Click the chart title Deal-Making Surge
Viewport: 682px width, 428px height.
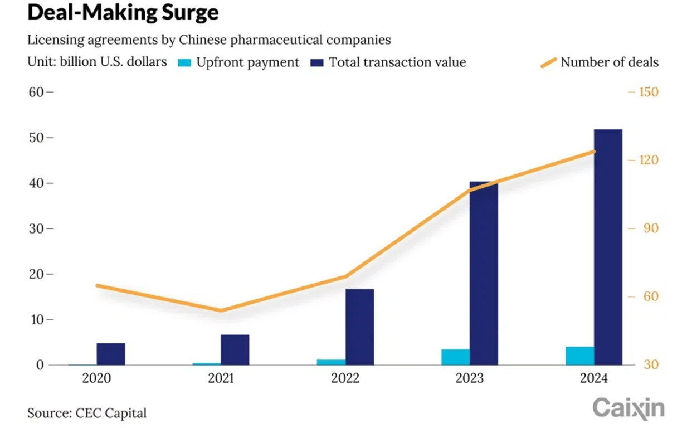click(123, 12)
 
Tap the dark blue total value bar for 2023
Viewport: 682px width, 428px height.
click(484, 273)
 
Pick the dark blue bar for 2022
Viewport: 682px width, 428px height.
click(359, 327)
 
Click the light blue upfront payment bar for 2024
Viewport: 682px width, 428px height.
click(579, 356)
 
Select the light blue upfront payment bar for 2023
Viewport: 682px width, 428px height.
click(455, 357)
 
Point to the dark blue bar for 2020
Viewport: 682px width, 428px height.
click(111, 354)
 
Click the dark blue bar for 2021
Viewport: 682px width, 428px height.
click(235, 350)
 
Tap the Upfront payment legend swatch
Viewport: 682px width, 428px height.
click(184, 62)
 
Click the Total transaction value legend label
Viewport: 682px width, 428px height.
click(397, 62)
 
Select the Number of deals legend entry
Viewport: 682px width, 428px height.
click(600, 62)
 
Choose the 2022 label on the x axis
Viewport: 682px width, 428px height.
click(345, 379)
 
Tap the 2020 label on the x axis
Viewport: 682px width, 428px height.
click(97, 379)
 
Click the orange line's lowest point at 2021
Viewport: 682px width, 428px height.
click(221, 310)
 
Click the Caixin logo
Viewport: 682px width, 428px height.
click(629, 408)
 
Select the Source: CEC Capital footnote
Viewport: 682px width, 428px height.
click(87, 413)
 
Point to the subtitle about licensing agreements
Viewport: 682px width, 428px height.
click(209, 40)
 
